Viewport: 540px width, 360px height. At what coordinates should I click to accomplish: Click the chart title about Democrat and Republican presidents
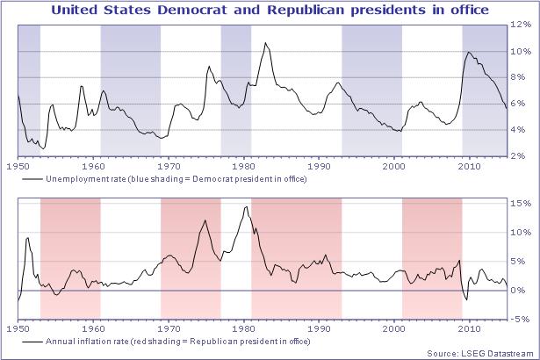click(x=270, y=11)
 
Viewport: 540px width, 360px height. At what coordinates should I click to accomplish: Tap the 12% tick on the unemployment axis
click(x=521, y=25)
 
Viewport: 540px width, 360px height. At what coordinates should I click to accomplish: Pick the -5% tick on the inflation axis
click(x=521, y=320)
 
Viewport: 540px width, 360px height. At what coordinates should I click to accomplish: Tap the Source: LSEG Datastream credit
click(x=482, y=351)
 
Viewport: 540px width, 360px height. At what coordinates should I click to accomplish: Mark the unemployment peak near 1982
click(x=266, y=43)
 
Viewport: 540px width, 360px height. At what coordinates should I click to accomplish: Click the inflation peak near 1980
click(x=246, y=207)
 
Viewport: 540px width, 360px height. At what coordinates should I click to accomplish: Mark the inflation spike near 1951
click(x=28, y=238)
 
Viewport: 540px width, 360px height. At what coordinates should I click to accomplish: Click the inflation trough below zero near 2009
click(x=466, y=299)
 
